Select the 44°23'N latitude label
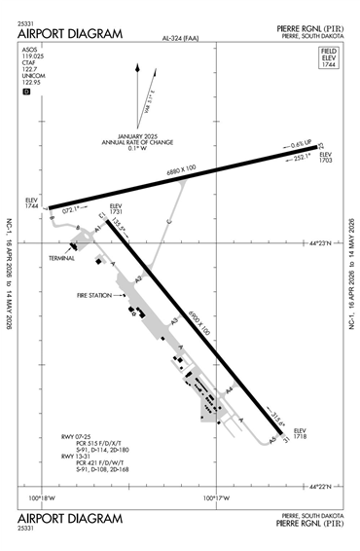[x=319, y=244]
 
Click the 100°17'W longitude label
[x=214, y=498]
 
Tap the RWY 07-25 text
[x=75, y=437]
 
